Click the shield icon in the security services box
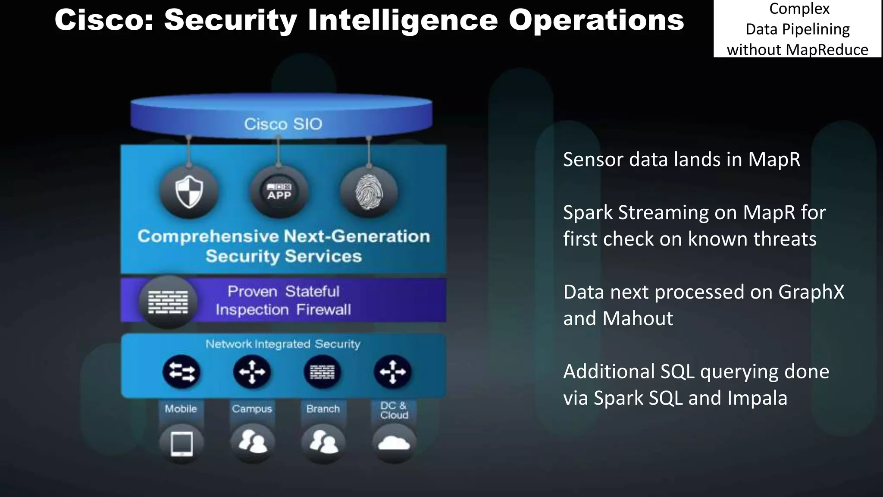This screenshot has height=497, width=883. [x=189, y=192]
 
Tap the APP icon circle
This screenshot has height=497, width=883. [x=279, y=192]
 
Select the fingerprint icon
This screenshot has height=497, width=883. [x=369, y=192]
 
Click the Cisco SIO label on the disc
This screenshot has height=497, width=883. [x=283, y=124]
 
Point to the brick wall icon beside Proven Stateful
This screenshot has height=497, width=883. [x=168, y=302]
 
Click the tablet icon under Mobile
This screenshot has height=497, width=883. [x=182, y=444]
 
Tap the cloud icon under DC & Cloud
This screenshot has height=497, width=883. [x=393, y=444]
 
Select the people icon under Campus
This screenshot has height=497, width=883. [x=252, y=443]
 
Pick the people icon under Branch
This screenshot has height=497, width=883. [x=323, y=443]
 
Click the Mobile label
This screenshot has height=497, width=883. [x=181, y=409]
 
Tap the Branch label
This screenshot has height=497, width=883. [x=323, y=409]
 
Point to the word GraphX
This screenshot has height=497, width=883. [x=811, y=292]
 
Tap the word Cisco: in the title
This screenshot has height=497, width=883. [x=104, y=20]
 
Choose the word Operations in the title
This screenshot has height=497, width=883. [x=596, y=20]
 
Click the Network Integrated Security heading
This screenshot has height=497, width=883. [x=283, y=344]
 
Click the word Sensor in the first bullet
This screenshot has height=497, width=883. [x=593, y=160]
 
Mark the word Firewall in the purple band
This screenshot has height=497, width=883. [x=323, y=310]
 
